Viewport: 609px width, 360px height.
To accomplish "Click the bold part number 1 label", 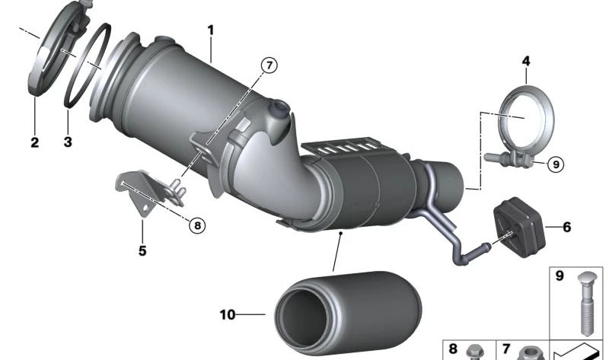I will pos(211,30).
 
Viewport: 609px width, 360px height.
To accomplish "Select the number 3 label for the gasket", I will pos(67,141).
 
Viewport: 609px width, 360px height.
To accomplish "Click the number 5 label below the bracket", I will pos(142,249).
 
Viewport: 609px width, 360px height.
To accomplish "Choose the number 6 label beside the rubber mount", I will pos(566,227).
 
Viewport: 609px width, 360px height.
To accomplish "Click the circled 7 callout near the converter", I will pos(267,65).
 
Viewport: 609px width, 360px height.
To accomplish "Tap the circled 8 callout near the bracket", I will pos(196,225).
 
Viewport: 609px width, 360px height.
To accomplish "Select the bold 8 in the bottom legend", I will pos(454,349).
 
